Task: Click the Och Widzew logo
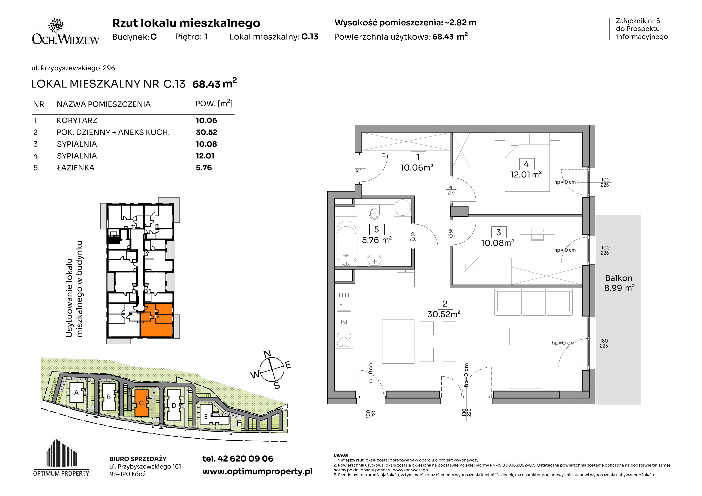click(x=66, y=32)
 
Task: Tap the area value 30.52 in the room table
click(x=206, y=132)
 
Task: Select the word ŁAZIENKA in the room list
click(x=75, y=168)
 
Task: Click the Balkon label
click(x=619, y=278)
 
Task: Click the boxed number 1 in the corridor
click(x=418, y=157)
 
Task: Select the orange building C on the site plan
click(x=141, y=403)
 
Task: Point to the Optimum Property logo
click(x=61, y=458)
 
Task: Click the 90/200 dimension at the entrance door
click(x=358, y=169)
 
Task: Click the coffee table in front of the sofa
click(x=526, y=337)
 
